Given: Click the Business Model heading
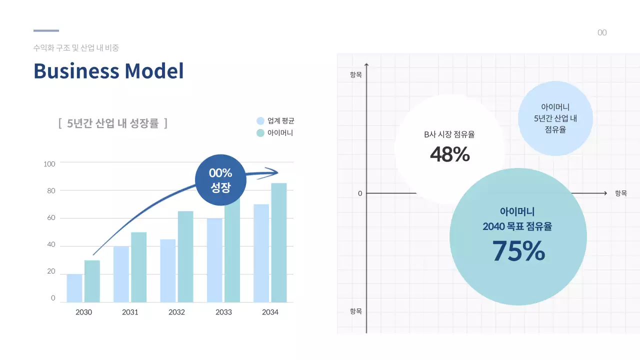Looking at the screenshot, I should (108, 71).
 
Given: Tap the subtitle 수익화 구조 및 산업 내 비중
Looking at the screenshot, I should (76, 48).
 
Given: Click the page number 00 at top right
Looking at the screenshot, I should (602, 32).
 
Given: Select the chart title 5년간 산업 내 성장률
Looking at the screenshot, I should (113, 123).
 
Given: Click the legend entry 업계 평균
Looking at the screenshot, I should (280, 120).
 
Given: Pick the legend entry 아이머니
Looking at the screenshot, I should (280, 133).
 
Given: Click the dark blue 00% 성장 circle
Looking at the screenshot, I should (220, 180).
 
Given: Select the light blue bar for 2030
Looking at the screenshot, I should (74, 288).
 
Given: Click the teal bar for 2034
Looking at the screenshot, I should (279, 242).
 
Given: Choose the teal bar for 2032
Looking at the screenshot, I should (185, 256).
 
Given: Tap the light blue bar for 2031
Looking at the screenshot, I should (121, 274).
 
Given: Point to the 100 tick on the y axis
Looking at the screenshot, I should (49, 163).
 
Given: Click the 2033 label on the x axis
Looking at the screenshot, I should (223, 312).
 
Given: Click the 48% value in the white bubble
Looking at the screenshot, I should (449, 154).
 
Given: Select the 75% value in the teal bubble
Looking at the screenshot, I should (518, 251).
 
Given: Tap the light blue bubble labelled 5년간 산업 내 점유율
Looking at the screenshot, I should (555, 118).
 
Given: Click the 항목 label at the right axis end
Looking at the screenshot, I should (620, 193).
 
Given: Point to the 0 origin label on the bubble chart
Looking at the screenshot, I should (359, 193).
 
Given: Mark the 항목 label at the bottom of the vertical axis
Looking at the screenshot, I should (355, 311).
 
